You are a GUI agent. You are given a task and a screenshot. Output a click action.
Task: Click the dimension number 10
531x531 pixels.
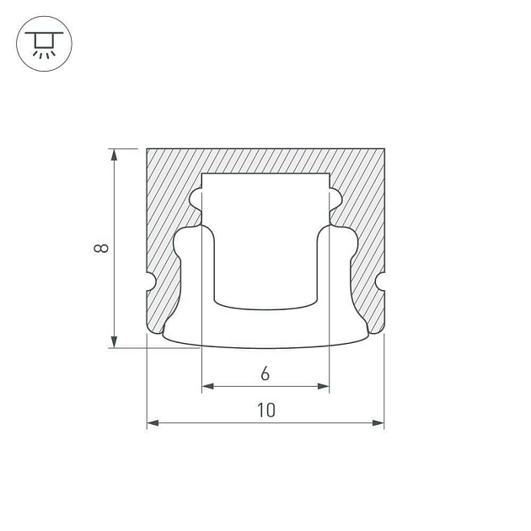266,410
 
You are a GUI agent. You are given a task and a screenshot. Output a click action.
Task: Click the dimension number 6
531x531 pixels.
265,374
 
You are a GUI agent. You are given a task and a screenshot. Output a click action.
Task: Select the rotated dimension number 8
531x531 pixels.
100,249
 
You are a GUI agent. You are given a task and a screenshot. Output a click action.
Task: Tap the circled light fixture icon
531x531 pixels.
45,44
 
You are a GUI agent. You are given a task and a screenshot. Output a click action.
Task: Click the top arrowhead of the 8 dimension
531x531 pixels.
115,154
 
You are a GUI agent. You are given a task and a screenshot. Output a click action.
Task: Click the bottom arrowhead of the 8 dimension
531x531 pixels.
115,342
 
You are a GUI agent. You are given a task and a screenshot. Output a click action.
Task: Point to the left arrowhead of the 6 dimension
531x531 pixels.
207,386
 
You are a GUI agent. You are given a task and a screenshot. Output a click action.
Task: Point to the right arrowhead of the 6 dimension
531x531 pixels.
324,386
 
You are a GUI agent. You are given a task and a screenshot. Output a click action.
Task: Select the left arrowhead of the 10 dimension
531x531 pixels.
153,422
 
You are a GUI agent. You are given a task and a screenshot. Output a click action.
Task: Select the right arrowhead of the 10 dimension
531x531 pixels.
378,422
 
